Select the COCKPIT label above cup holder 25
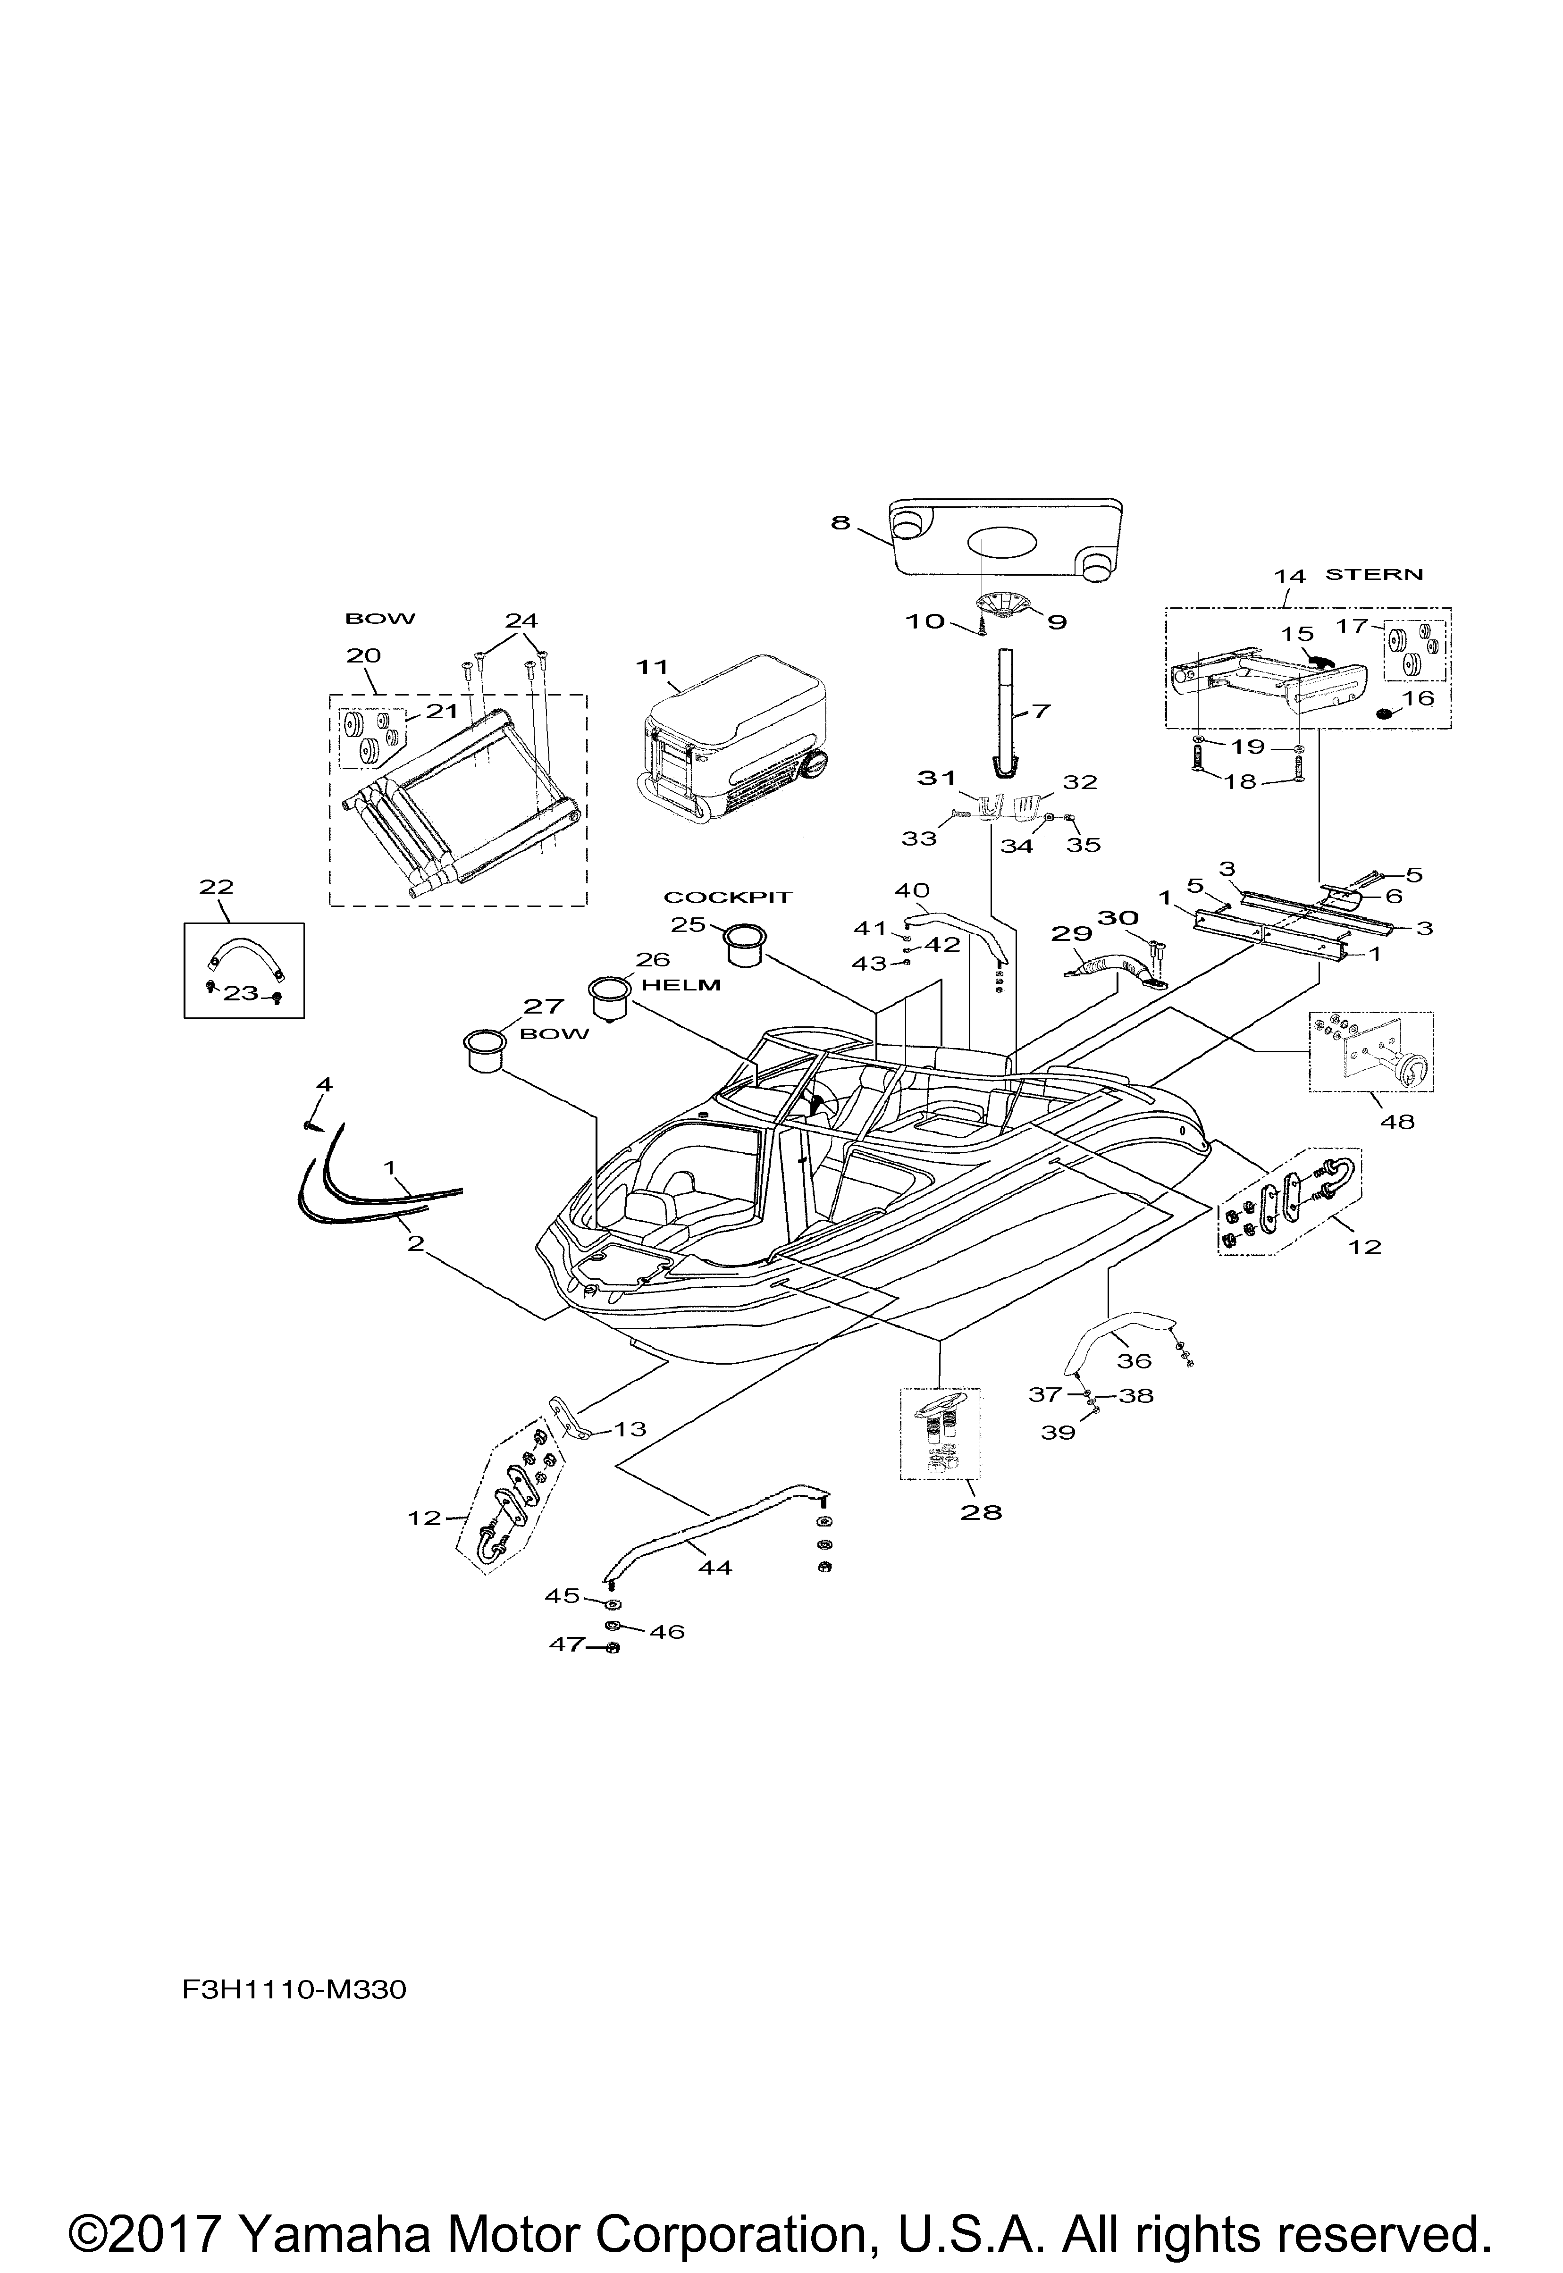(728, 897)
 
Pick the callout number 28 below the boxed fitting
(981, 1512)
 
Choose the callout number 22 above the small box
(217, 887)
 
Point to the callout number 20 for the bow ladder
(363, 655)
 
